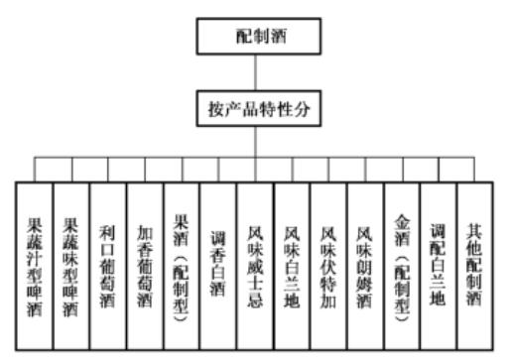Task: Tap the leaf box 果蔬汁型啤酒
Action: coord(34,263)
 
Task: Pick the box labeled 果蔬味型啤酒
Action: coord(70,263)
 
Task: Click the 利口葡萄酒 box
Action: coord(107,263)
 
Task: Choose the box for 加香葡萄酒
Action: coord(144,263)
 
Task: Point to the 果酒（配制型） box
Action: coord(181,263)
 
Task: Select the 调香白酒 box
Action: coord(217,263)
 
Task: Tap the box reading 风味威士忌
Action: coord(254,263)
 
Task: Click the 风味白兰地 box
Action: coord(291,263)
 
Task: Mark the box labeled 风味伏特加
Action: coord(327,263)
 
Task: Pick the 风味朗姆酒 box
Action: coord(364,263)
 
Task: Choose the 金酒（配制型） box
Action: coord(401,263)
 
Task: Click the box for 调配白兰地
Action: coord(438,263)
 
